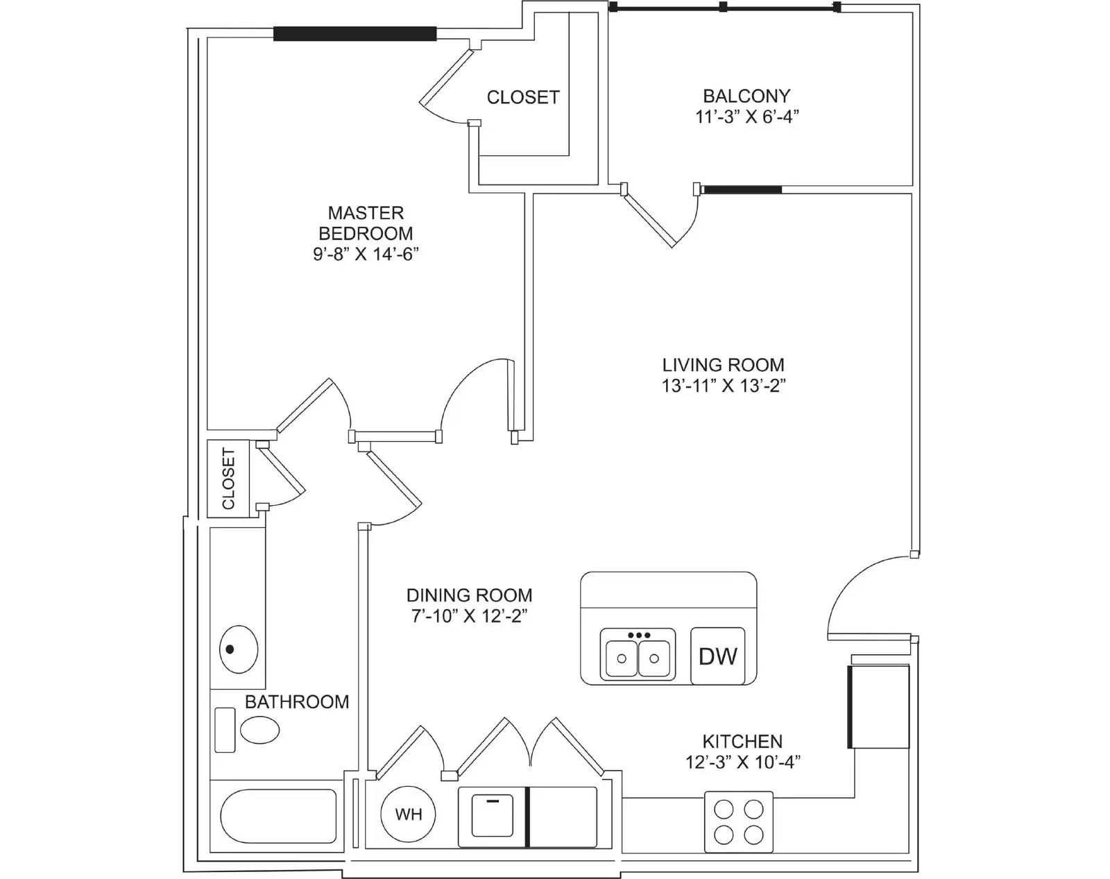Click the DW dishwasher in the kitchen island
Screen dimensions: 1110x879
(x=717, y=656)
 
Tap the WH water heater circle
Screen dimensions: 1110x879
(x=408, y=814)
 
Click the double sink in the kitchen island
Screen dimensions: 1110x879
(x=638, y=656)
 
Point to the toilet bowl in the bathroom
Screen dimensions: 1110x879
(x=260, y=730)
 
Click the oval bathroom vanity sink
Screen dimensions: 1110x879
(x=238, y=649)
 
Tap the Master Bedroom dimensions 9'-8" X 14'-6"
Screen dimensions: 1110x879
(x=366, y=255)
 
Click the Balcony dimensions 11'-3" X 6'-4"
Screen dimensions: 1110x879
(x=747, y=117)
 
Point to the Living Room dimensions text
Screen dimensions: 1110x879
(x=723, y=386)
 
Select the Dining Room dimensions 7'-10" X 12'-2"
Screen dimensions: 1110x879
(x=469, y=616)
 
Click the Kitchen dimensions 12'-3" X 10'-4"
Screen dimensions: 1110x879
(x=743, y=762)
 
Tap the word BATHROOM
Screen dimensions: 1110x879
(x=297, y=701)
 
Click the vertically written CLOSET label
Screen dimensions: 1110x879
(x=228, y=479)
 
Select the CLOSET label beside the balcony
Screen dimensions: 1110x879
(x=523, y=97)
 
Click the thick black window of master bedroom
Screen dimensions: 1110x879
(x=355, y=34)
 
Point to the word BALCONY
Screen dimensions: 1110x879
(x=747, y=96)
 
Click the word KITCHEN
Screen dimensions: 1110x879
(x=743, y=741)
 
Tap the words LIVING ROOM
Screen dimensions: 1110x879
(x=723, y=365)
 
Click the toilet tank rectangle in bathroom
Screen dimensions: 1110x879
(x=225, y=730)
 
